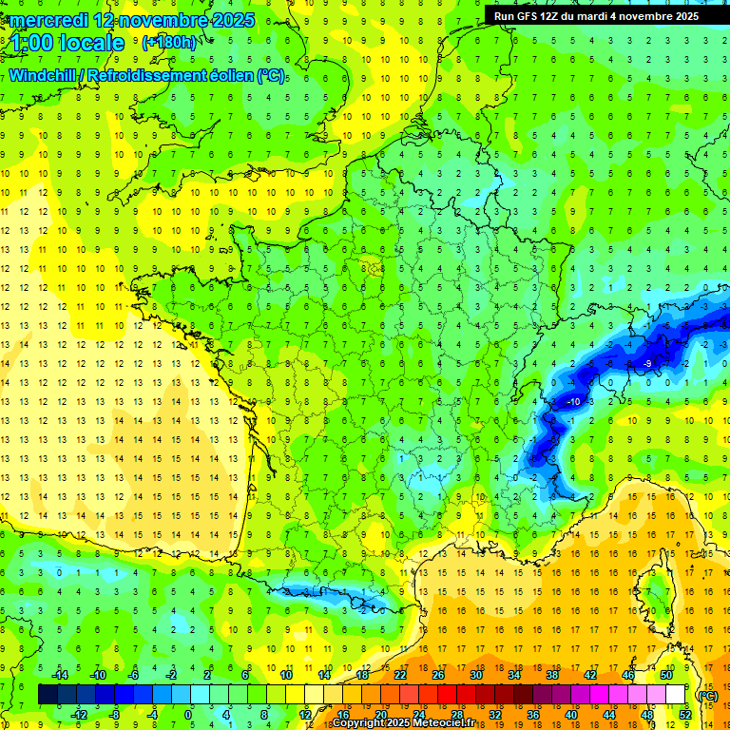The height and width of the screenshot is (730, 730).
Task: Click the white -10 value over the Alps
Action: [573, 402]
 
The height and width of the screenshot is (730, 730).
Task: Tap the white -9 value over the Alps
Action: [646, 364]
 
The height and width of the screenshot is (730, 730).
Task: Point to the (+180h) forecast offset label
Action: [168, 42]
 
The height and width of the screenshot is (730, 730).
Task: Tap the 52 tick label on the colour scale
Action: [685, 715]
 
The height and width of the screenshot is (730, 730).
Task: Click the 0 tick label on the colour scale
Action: [188, 715]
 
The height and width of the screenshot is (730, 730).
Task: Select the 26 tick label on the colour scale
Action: [438, 674]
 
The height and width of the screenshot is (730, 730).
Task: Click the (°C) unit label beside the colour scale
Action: [707, 696]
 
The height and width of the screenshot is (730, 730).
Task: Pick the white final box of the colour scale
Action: [676, 695]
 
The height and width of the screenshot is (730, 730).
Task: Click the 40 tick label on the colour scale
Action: [571, 715]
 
